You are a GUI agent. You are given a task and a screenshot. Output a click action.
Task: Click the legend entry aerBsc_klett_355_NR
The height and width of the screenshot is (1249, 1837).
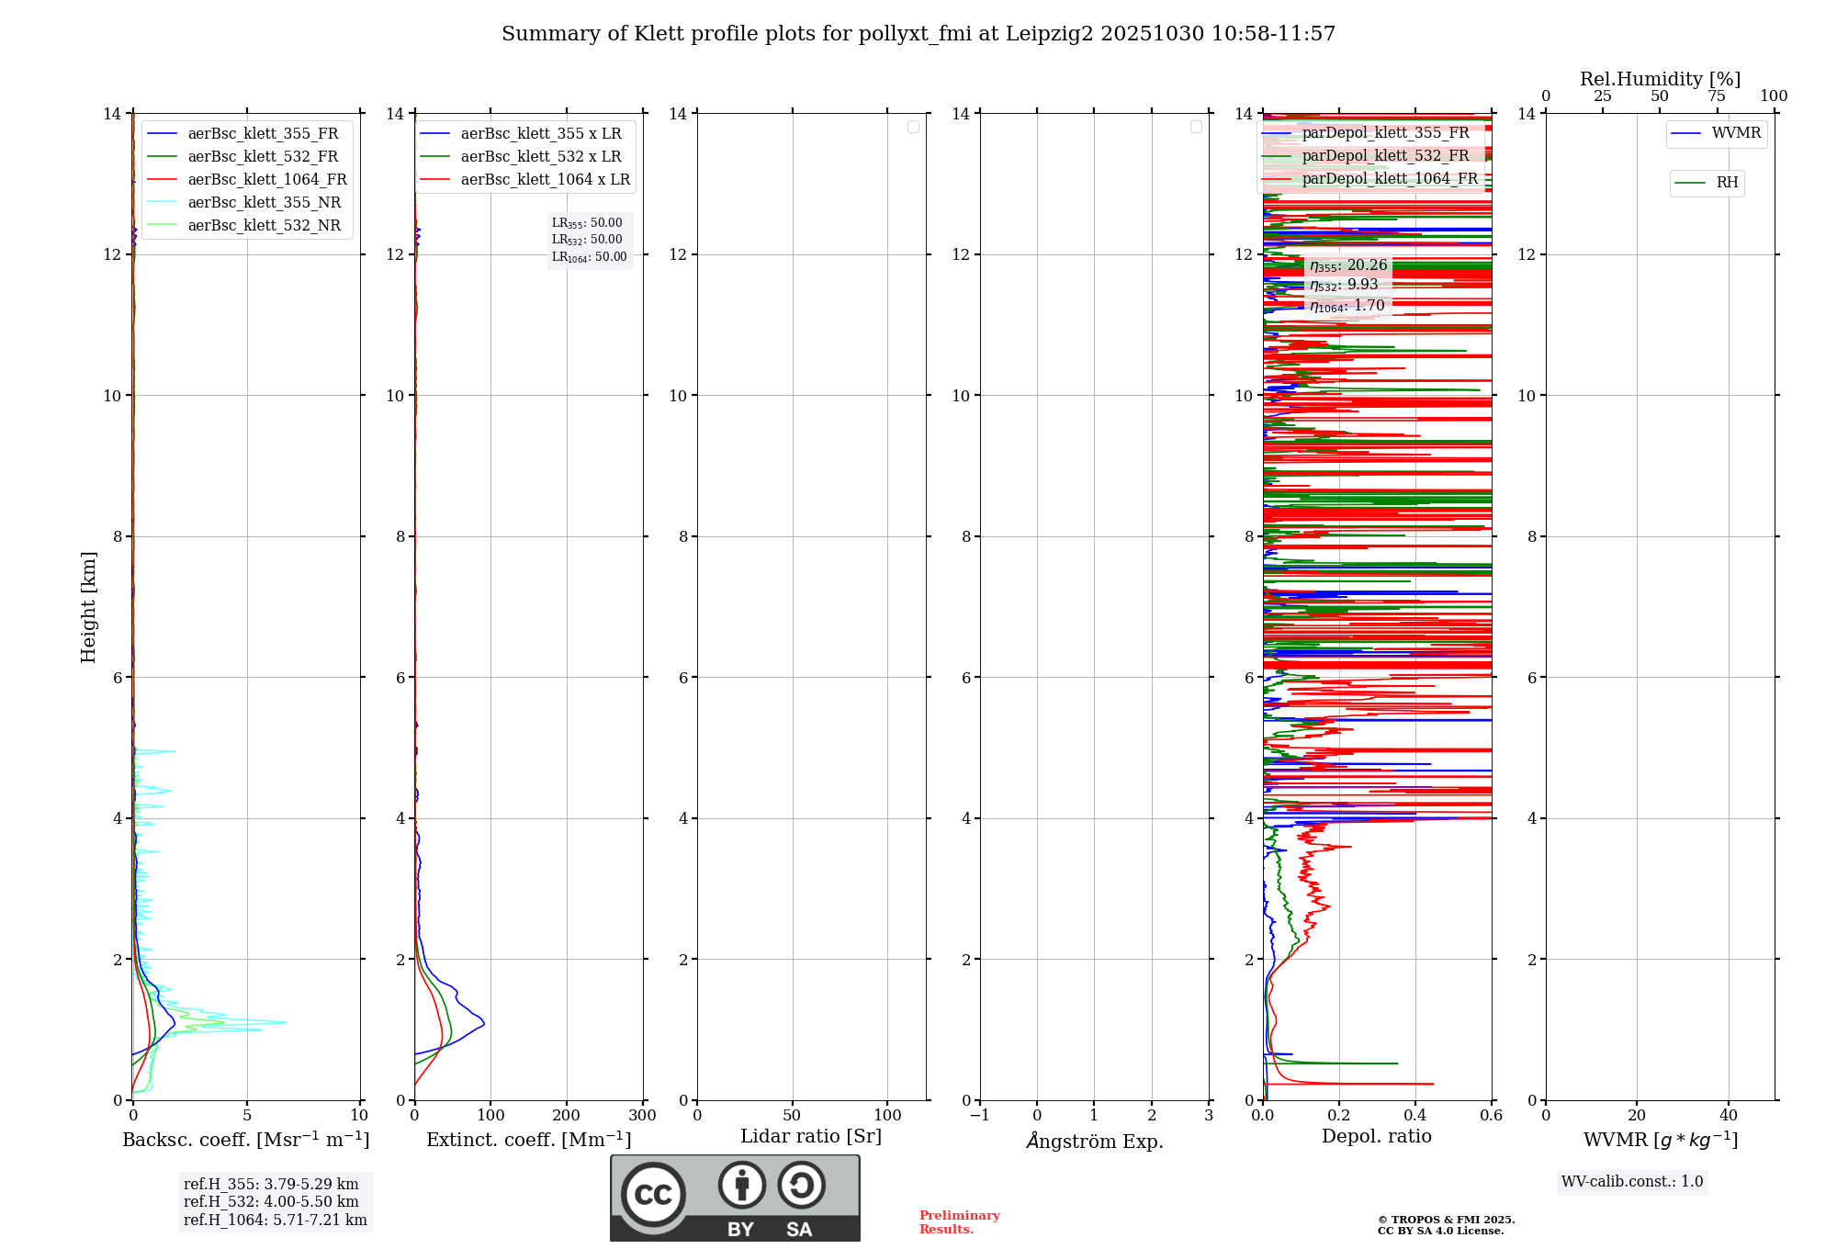click(264, 202)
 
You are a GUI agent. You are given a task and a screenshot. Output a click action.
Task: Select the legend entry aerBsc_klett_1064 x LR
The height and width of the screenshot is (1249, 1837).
click(545, 179)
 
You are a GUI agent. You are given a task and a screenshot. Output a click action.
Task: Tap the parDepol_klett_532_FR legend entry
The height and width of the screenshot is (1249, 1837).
click(1385, 155)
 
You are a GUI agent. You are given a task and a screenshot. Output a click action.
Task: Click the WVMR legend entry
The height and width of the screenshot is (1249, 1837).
click(1736, 133)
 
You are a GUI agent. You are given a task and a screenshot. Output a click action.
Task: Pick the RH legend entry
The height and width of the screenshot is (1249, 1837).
click(1727, 183)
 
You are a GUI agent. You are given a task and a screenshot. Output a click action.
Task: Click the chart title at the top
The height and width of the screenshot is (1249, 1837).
click(918, 34)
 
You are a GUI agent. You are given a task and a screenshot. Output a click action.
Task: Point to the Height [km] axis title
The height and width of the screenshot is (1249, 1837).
click(88, 606)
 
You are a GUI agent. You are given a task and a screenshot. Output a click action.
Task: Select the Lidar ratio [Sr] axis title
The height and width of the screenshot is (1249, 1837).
click(811, 1136)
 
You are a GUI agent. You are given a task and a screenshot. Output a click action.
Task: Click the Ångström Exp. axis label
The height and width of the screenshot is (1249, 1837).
click(1094, 1141)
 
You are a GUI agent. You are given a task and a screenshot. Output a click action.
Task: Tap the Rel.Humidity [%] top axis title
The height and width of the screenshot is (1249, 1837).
click(1660, 79)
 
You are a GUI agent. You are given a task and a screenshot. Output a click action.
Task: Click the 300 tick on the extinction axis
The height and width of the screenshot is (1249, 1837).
click(642, 1116)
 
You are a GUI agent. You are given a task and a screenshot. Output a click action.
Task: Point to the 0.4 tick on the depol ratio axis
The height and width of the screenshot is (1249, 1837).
click(1415, 1116)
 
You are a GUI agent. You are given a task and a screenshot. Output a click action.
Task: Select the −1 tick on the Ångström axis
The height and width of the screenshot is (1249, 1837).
click(980, 1116)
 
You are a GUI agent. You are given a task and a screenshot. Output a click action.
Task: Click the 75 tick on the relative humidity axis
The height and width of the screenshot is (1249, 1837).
click(1716, 96)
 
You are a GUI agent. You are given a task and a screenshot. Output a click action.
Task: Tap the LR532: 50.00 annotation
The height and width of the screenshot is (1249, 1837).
click(587, 240)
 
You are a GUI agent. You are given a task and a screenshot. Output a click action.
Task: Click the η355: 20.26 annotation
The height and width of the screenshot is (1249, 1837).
click(1348, 265)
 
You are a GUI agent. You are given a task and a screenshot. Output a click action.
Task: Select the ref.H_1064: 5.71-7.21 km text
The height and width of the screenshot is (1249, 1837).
click(275, 1220)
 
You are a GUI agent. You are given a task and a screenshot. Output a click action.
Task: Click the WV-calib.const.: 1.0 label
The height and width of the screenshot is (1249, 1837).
click(1632, 1181)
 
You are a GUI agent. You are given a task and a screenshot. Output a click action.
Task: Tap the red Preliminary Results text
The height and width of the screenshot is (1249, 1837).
click(959, 1221)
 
